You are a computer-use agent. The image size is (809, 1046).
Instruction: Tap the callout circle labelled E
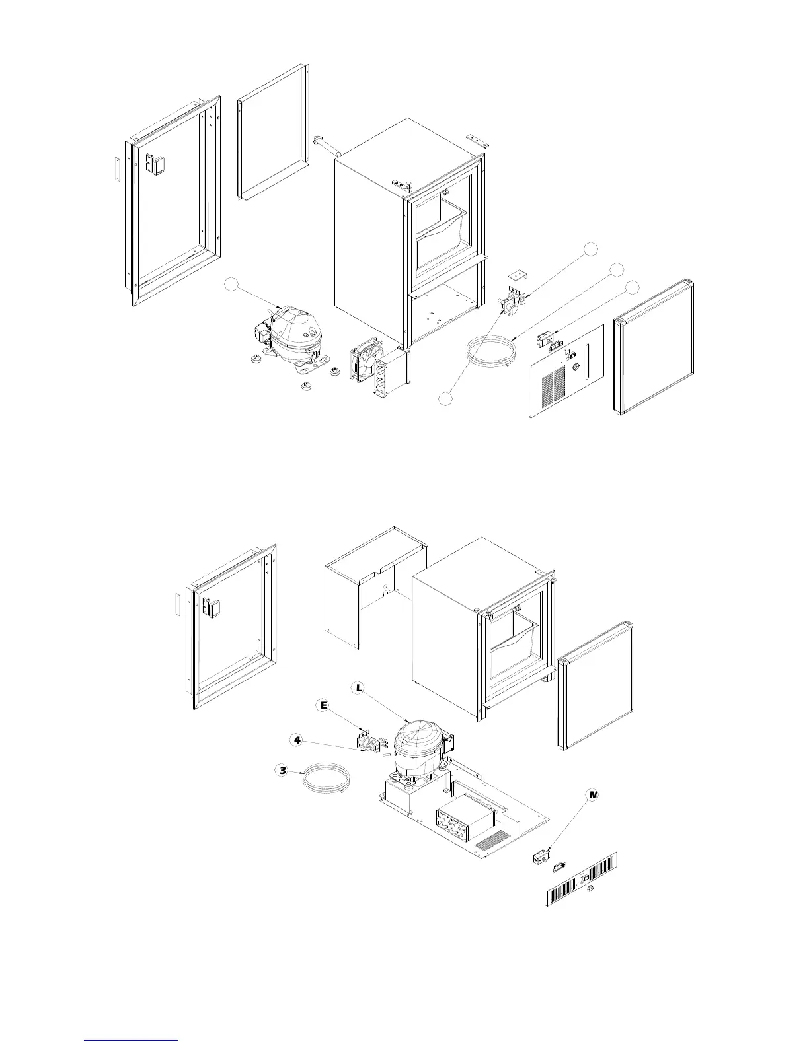[324, 706]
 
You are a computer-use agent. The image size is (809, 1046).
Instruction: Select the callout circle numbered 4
[298, 740]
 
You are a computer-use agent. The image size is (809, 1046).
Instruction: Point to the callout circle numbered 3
[283, 770]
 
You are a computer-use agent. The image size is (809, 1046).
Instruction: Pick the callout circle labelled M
[593, 795]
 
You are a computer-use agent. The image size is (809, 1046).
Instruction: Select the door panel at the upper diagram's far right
[653, 348]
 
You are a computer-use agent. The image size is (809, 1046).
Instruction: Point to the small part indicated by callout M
[541, 858]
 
